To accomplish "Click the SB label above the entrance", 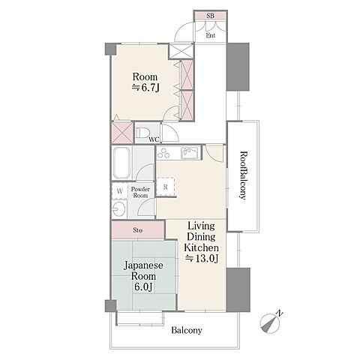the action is click(x=210, y=16).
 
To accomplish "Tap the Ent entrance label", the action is click(x=211, y=35).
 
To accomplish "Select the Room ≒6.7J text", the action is click(x=145, y=82).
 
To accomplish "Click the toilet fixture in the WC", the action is click(x=141, y=133).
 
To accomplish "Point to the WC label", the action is click(x=154, y=139).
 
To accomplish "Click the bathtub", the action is click(x=121, y=163).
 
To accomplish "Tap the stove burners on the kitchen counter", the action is click(x=164, y=153).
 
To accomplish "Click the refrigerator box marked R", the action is click(x=165, y=187).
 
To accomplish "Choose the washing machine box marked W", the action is click(x=120, y=191).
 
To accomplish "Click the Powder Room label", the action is click(x=140, y=192).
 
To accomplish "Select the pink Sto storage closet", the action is click(x=138, y=230).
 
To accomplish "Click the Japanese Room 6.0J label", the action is click(x=143, y=276).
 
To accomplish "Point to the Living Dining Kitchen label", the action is click(x=202, y=242).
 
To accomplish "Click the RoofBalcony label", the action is click(x=243, y=175).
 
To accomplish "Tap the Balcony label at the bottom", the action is click(x=187, y=330).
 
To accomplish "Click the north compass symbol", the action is click(x=269, y=323).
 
